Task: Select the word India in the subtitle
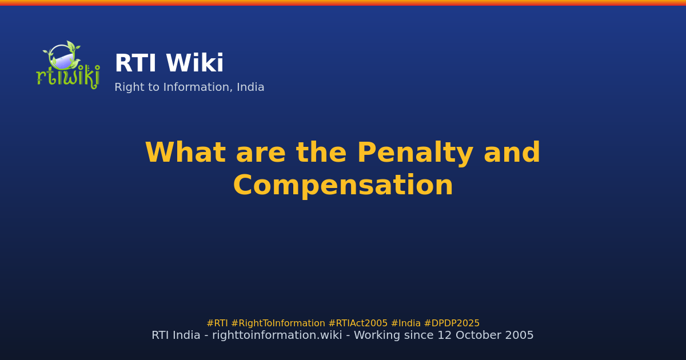pyautogui.click(x=251, y=87)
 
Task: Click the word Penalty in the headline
pyautogui.click(x=415, y=153)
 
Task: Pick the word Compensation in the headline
pyautogui.click(x=343, y=186)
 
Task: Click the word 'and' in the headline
pyautogui.click(x=512, y=153)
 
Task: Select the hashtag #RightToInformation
pyautogui.click(x=278, y=323)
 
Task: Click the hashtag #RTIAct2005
pyautogui.click(x=358, y=323)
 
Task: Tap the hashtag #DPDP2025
pyautogui.click(x=452, y=323)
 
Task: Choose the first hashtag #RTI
pyautogui.click(x=217, y=323)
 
